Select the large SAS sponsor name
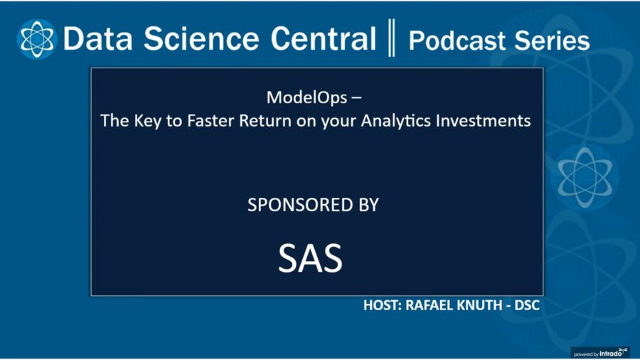click(310, 258)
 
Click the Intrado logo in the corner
click(609, 351)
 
